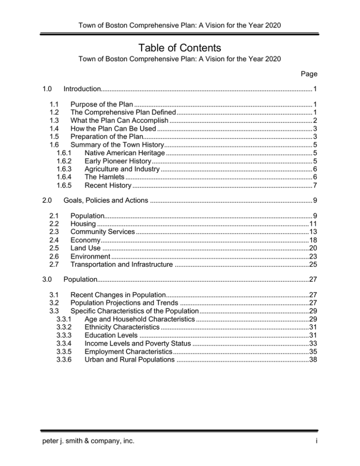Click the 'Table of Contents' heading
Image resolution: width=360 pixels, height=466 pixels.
180,48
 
